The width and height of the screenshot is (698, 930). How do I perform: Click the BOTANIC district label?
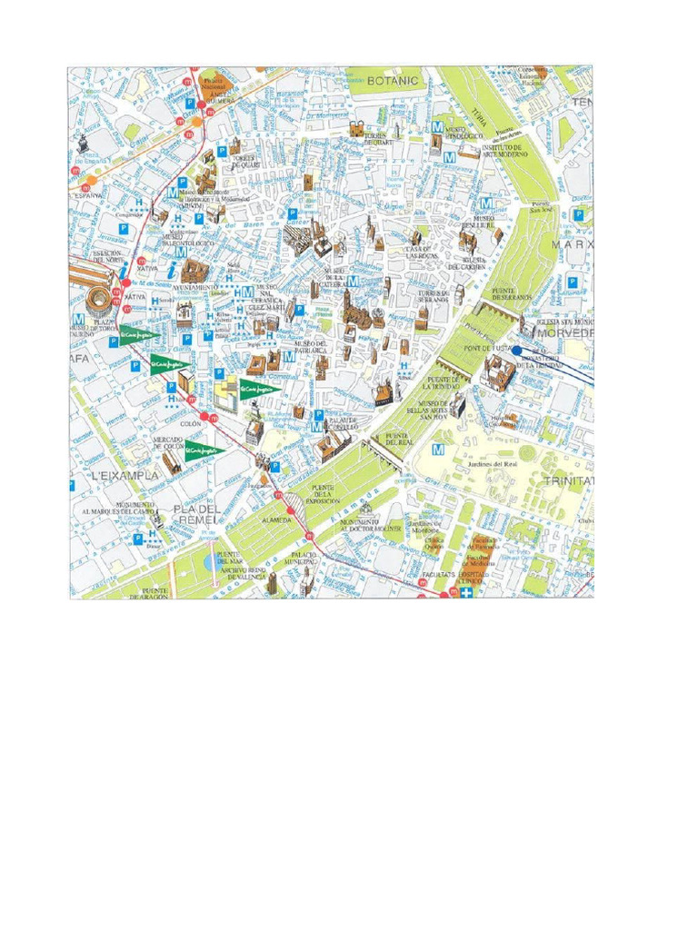(x=392, y=81)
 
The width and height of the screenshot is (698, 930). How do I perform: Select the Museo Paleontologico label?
(x=187, y=239)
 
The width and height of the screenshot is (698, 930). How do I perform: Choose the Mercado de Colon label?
(x=168, y=442)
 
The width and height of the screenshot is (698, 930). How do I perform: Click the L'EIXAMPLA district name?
(x=125, y=475)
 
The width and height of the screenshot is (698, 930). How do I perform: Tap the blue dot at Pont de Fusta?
(x=516, y=350)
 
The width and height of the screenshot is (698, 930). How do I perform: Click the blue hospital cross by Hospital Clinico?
(x=467, y=592)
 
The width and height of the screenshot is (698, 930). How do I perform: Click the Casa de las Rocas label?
(x=424, y=252)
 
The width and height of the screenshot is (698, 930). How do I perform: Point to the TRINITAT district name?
(x=568, y=480)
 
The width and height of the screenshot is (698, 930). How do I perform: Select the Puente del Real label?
(x=397, y=440)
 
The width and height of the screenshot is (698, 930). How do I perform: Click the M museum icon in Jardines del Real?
(x=439, y=450)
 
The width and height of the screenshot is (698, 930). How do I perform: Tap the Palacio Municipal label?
(x=304, y=558)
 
